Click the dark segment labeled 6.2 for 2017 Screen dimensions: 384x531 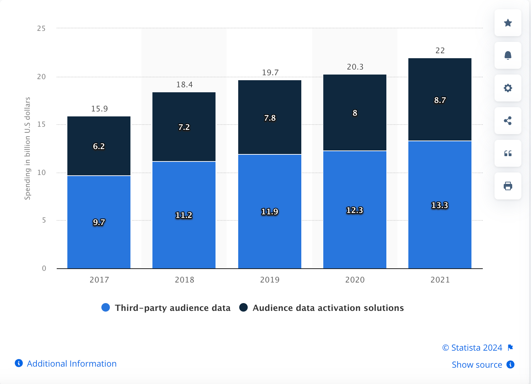(x=99, y=146)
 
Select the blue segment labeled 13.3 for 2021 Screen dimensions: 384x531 (x=440, y=205)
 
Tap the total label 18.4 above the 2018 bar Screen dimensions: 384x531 (x=184, y=84)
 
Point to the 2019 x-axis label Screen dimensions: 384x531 (x=270, y=280)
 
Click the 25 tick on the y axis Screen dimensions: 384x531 (x=41, y=28)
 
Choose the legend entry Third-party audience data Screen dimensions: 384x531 (x=172, y=308)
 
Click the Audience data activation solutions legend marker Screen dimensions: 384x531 (x=244, y=307)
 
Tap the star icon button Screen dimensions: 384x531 (x=508, y=23)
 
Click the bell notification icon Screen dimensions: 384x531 (x=508, y=55)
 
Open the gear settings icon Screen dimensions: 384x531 (x=508, y=88)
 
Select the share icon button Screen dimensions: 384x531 (x=508, y=121)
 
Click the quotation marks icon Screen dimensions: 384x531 (x=508, y=153)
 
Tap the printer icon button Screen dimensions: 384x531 (x=508, y=186)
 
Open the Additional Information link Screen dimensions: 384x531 (x=71, y=363)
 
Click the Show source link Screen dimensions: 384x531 (x=477, y=364)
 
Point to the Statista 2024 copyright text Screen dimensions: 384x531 (x=472, y=347)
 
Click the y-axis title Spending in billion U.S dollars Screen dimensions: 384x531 (x=27, y=148)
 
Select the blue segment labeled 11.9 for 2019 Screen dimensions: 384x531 (x=269, y=212)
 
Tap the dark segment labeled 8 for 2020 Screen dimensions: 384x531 (x=355, y=113)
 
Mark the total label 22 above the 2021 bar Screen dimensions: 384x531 (x=440, y=50)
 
